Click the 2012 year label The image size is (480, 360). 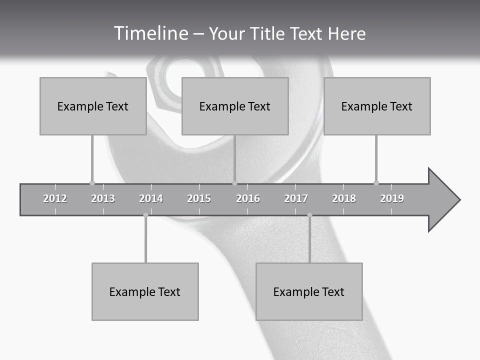55,198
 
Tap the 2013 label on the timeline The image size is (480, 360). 103,198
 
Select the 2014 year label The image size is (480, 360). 151,198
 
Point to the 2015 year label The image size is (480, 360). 199,198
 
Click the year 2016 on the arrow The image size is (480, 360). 248,198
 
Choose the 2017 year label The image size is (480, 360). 296,198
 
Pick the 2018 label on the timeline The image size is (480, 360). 344,198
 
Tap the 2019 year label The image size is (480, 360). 392,198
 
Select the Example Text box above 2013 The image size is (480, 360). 93,106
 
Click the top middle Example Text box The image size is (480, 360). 235,106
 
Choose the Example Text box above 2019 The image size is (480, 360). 377,106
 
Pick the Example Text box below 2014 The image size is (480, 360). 145,291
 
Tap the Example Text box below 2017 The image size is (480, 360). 309,291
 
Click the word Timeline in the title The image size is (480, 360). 150,33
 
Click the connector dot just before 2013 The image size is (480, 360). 92,183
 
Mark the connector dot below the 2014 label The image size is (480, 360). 145,215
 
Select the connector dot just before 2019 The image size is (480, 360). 376,183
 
